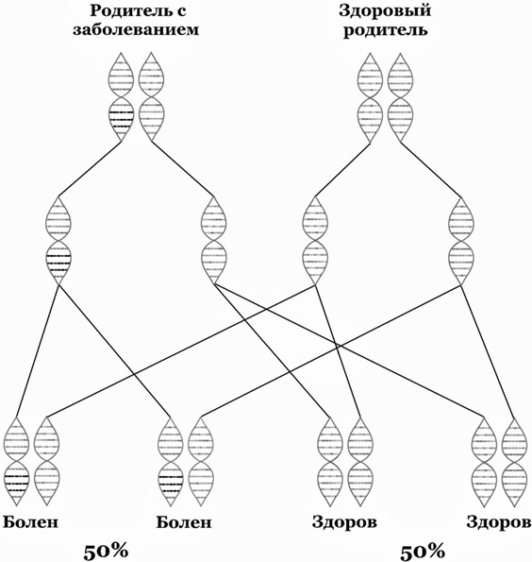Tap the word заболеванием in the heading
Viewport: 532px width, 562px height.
(136, 29)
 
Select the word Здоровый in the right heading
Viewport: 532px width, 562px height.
(385, 11)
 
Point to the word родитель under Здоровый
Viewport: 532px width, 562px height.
(385, 30)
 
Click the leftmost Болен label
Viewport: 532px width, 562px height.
(30, 521)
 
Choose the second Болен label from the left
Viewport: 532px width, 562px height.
(184, 521)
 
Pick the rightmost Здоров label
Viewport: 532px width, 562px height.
(499, 521)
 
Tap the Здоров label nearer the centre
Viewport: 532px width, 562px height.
(344, 521)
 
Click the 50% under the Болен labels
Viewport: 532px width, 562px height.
(106, 551)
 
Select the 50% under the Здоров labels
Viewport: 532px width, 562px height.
(423, 551)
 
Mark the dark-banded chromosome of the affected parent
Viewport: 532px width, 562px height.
(121, 96)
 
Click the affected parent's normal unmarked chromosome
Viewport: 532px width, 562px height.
(152, 96)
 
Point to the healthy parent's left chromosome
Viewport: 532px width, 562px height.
(370, 97)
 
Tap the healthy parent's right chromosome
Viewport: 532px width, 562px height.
(400, 97)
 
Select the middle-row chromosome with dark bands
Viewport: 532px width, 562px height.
(58, 241)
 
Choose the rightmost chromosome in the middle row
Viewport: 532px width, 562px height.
(461, 241)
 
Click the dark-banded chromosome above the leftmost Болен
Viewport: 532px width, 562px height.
(16, 462)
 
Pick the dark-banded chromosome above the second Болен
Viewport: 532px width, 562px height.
(171, 462)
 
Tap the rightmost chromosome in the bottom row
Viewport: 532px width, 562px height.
(514, 463)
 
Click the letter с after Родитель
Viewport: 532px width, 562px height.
(181, 12)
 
